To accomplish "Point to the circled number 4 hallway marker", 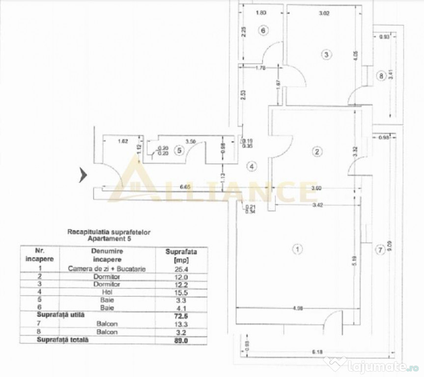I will point(252,166).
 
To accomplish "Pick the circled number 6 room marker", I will point(263,30).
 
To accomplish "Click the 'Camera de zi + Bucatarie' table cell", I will point(106,269).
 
